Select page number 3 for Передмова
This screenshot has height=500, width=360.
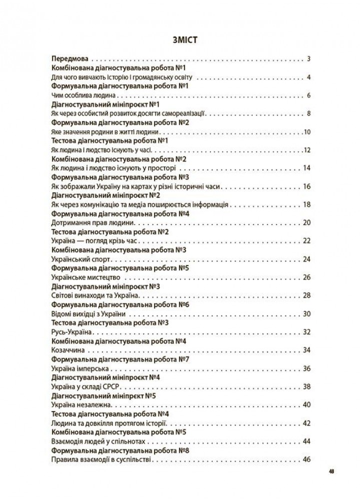(309, 59)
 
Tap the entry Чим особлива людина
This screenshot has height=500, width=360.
(83, 95)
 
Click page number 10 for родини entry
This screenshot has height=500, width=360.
(307, 132)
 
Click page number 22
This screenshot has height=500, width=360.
(307, 241)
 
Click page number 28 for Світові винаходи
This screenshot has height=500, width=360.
(307, 296)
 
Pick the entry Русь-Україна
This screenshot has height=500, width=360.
(73, 332)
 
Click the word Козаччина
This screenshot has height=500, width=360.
(68, 350)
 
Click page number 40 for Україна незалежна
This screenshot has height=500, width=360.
(307, 405)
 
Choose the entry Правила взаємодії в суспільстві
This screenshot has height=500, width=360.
(100, 459)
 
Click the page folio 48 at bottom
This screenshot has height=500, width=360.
(332, 471)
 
